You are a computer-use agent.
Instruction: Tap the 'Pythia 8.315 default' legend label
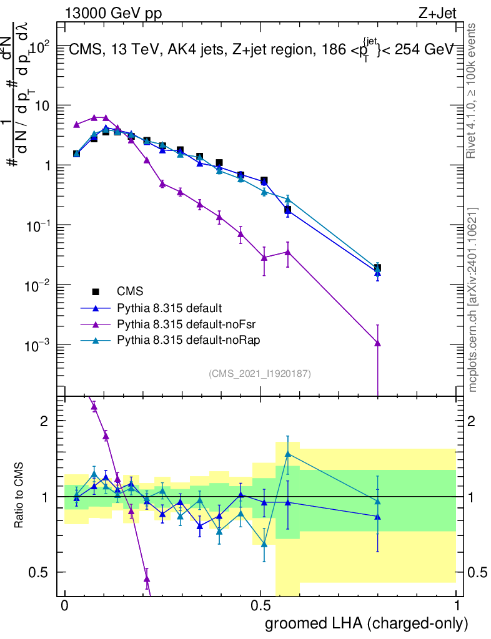(170, 308)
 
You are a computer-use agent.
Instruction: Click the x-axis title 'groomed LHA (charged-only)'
(367, 623)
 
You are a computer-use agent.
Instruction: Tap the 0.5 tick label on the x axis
(260, 606)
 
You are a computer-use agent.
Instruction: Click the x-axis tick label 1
(456, 606)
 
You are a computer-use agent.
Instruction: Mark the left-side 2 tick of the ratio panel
(44, 421)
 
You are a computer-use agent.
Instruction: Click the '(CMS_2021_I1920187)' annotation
(260, 373)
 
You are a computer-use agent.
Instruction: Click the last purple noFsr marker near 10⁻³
(377, 343)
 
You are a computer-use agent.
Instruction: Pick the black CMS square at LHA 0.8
(377, 268)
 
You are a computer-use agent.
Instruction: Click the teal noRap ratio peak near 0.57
(288, 454)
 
